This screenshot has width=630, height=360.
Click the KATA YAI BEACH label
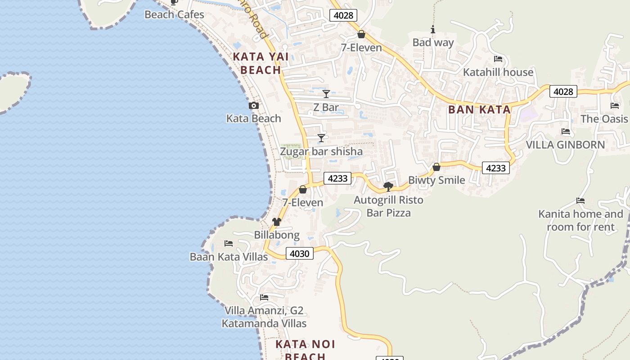[x=261, y=63]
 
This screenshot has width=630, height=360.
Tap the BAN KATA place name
[x=479, y=109]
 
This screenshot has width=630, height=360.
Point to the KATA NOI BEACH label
[x=305, y=350]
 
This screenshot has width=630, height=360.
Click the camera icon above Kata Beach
[x=254, y=106]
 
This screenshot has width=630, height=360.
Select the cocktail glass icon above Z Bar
[x=326, y=94]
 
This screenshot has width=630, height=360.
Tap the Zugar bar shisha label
[x=321, y=151]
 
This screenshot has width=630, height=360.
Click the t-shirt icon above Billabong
[x=276, y=222]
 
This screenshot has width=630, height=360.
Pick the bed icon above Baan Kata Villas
[x=229, y=243]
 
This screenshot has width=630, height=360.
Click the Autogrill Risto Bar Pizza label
[x=388, y=206]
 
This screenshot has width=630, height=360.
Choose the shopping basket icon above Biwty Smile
[x=436, y=167]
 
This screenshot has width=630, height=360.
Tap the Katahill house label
[x=498, y=72]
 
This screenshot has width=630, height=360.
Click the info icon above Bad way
[x=433, y=30]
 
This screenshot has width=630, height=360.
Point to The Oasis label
[x=604, y=119]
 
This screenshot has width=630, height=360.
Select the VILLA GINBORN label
[x=565, y=145]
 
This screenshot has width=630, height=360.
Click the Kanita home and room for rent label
[x=580, y=220]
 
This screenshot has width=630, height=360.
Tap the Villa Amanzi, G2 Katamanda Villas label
[x=264, y=317]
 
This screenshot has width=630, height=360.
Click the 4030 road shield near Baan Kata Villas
[x=300, y=253]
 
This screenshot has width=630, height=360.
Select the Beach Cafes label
[x=174, y=14]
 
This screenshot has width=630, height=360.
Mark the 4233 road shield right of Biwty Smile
[x=496, y=168]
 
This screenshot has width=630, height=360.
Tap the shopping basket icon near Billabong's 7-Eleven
[x=303, y=189]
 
